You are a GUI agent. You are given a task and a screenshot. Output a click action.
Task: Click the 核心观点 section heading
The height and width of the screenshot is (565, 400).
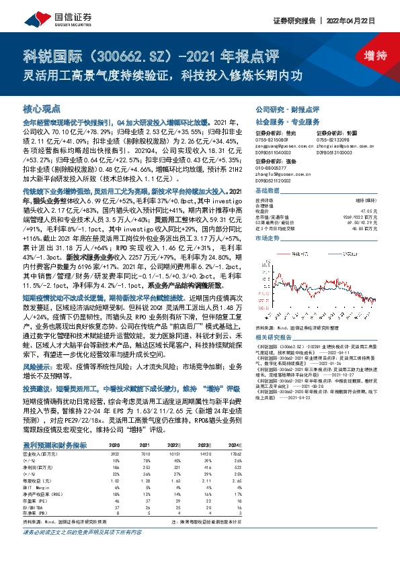(x=42, y=107)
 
